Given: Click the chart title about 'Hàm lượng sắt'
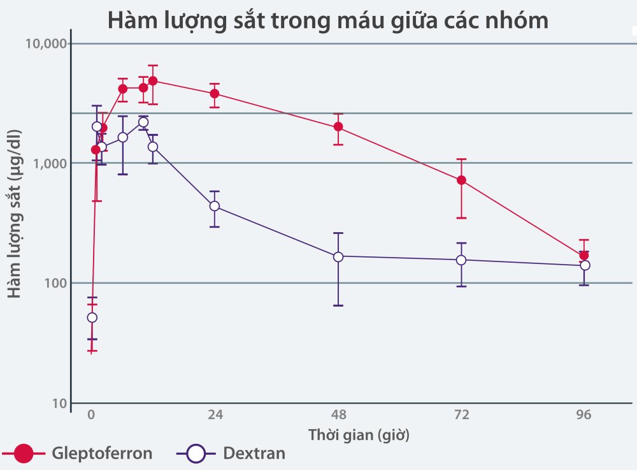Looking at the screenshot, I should [x=327, y=20].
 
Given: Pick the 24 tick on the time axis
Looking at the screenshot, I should [x=215, y=415].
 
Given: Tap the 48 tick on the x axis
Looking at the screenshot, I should [x=338, y=415].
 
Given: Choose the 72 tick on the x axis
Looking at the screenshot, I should [x=461, y=415].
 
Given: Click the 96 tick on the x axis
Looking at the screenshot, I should [x=584, y=415].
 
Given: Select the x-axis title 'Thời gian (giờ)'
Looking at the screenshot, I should [x=359, y=436].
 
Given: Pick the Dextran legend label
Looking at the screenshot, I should [x=254, y=454].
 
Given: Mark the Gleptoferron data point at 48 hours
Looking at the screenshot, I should [x=338, y=126].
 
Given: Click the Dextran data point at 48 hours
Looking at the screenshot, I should [x=338, y=256].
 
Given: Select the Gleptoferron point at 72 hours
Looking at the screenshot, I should [x=461, y=180].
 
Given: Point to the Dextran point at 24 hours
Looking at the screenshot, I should [x=215, y=206].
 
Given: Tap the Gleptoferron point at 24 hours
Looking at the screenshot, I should [x=215, y=93].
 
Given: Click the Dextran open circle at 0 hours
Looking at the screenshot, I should [x=92, y=318].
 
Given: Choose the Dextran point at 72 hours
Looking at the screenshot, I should [x=461, y=260].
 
